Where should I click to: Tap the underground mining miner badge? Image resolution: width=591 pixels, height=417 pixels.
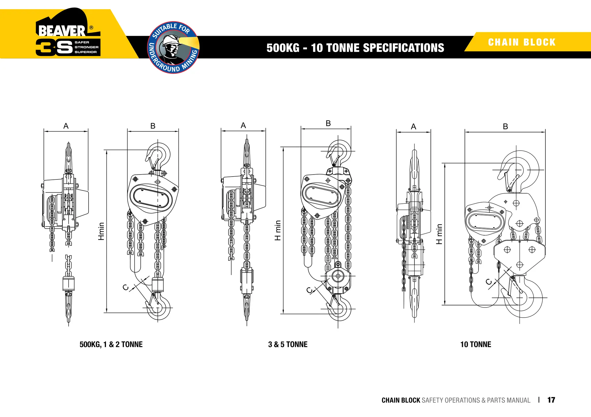click(173, 47)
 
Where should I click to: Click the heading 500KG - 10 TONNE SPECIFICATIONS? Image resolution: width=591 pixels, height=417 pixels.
click(355, 48)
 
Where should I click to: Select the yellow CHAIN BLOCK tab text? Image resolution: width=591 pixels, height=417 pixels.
click(522, 42)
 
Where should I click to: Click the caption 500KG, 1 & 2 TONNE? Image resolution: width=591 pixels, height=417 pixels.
click(111, 344)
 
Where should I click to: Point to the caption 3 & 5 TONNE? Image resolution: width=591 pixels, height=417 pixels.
click(288, 344)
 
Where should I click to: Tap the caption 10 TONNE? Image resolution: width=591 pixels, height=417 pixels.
click(476, 344)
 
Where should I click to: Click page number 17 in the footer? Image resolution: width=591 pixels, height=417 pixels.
click(551, 400)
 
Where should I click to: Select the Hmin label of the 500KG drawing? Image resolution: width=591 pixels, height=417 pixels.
click(101, 231)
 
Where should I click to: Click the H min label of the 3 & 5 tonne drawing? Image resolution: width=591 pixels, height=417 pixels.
click(278, 230)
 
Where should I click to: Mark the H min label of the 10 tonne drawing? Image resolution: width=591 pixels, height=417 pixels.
click(439, 234)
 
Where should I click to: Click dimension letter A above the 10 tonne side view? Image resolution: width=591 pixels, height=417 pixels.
click(414, 127)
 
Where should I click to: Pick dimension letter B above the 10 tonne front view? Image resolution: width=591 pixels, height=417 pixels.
click(505, 126)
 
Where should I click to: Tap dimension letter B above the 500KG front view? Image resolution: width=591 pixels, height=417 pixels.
click(153, 126)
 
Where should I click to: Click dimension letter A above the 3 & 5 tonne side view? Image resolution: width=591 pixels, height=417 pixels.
click(243, 125)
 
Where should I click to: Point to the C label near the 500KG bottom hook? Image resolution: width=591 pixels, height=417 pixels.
click(126, 287)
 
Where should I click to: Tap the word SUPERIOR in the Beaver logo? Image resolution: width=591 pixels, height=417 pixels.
click(86, 52)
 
